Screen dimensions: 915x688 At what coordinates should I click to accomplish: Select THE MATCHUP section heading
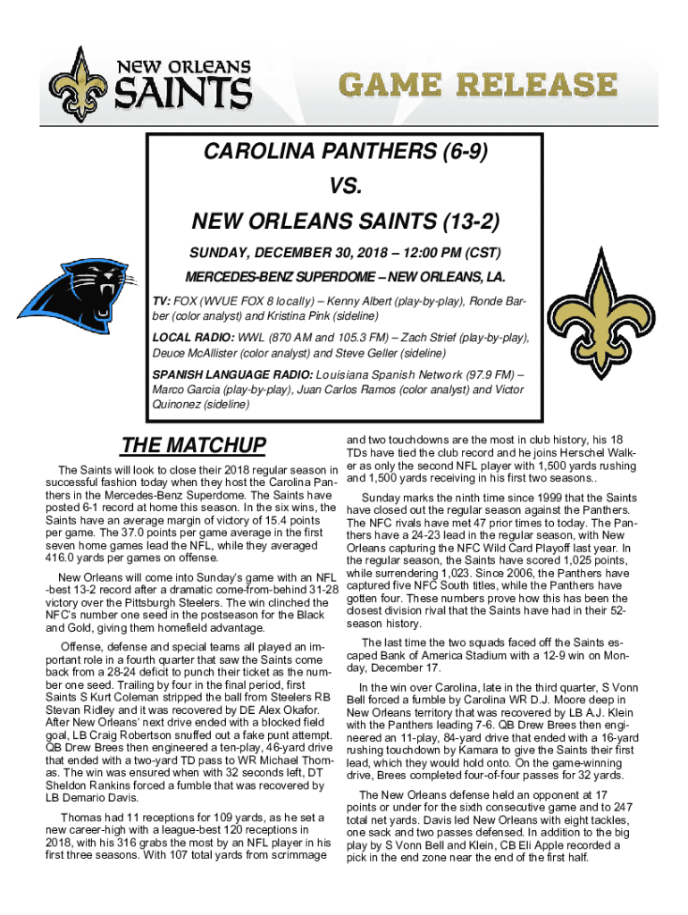click(x=194, y=445)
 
